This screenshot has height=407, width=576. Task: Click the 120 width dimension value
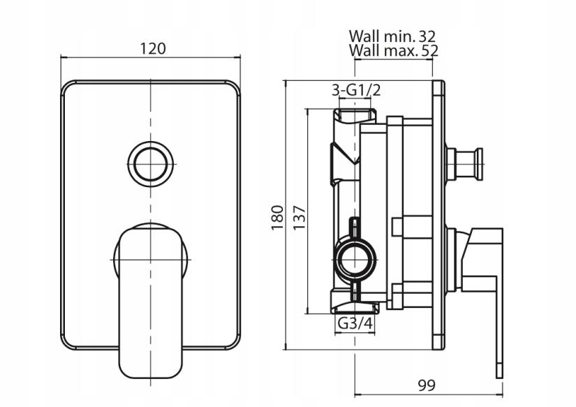tap(152, 48)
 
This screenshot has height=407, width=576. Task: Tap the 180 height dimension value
tap(277, 217)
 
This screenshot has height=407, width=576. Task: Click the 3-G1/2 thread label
tap(356, 90)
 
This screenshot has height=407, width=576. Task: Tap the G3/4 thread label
tap(354, 325)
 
